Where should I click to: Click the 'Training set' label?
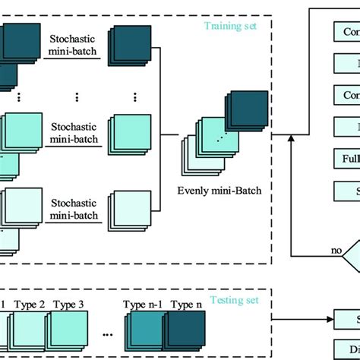[229, 25]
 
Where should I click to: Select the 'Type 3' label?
[70, 305]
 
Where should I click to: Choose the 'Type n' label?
[186, 305]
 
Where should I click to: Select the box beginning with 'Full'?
[346, 159]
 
